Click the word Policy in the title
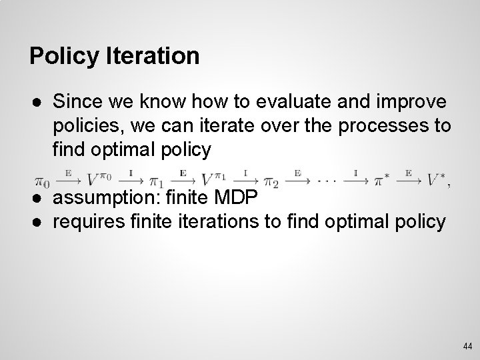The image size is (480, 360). click(64, 56)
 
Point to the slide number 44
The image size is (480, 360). click(467, 346)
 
